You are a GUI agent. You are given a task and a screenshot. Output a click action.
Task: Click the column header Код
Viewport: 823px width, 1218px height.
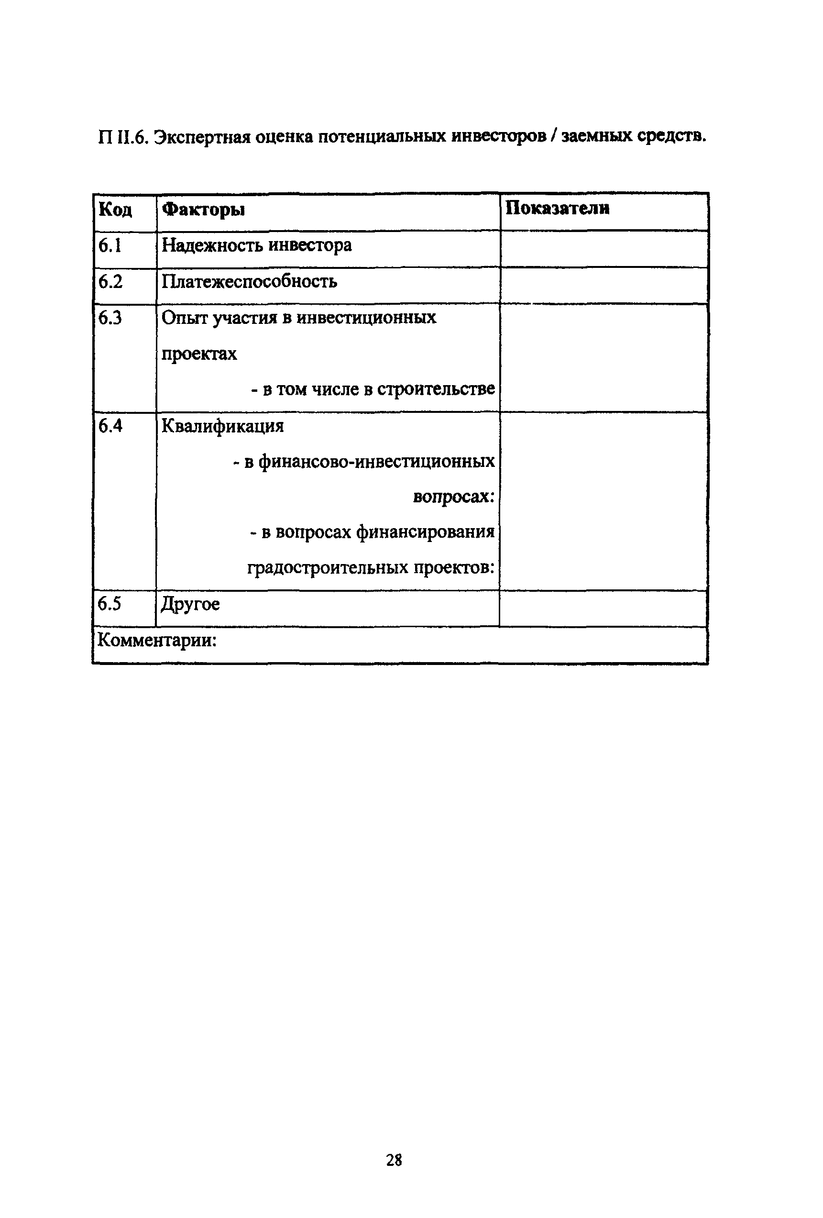tap(115, 210)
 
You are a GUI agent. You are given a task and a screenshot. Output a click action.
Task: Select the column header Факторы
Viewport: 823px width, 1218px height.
tap(203, 210)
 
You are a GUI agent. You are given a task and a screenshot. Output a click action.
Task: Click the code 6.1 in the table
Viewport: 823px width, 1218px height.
tap(110, 246)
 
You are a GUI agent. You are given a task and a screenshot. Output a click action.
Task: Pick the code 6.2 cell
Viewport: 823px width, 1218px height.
tap(110, 282)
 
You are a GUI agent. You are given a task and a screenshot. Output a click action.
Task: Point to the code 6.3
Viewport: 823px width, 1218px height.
tap(110, 318)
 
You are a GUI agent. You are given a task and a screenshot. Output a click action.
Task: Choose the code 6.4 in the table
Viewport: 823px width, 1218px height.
tap(110, 426)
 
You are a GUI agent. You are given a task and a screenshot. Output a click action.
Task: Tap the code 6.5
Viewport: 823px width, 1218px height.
tap(109, 604)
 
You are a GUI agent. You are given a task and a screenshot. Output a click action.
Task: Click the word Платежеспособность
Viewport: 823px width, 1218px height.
tap(249, 282)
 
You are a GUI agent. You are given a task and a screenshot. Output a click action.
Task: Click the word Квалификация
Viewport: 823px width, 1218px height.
tap(223, 426)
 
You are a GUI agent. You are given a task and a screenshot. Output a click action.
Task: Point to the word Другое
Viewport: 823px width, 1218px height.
tap(190, 604)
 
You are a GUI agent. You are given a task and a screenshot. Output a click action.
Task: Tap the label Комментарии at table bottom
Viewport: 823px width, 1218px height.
tap(157, 641)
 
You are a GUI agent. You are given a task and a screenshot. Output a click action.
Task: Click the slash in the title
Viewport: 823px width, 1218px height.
tap(553, 136)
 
